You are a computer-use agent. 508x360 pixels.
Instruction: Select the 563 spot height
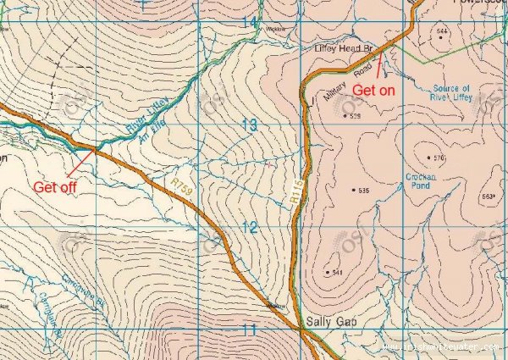tap(487, 197)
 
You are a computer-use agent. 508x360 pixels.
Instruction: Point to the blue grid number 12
tap(248, 227)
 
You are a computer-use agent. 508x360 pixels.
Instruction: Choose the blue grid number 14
tap(248, 19)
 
